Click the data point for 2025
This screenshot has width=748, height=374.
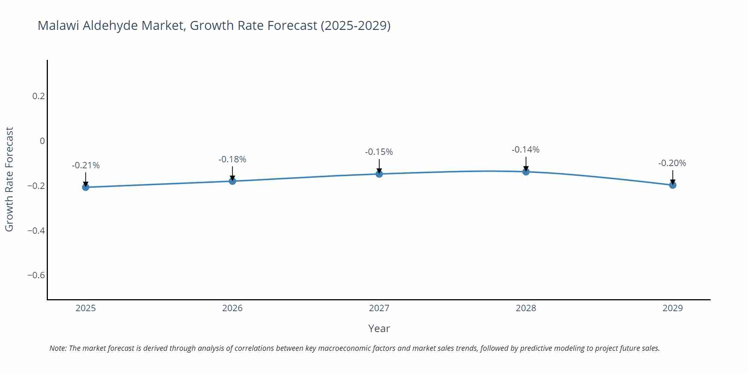pos(86,187)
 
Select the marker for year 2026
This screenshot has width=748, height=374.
pos(232,181)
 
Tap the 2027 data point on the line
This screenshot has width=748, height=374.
pos(379,174)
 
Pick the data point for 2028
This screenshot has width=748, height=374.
pos(526,172)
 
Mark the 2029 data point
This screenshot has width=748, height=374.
pos(672,185)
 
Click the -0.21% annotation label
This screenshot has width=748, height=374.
pos(86,165)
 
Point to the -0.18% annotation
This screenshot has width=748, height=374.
pos(232,159)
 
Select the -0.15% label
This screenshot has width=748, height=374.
pos(379,152)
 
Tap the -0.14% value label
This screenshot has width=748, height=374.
pos(525,150)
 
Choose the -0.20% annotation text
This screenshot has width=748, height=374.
pos(672,163)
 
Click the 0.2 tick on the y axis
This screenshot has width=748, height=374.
pos(39,96)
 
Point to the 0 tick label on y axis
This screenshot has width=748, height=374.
pos(42,141)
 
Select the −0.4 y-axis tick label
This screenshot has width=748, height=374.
pos(36,230)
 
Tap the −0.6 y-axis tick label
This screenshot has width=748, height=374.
pos(36,275)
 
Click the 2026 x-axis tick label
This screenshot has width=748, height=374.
pos(232,308)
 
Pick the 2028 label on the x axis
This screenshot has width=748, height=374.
pos(526,308)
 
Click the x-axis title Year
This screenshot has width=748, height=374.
pos(379,328)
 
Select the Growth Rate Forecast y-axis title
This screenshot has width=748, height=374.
pos(9,179)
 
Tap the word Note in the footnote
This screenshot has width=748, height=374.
pos(58,348)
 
